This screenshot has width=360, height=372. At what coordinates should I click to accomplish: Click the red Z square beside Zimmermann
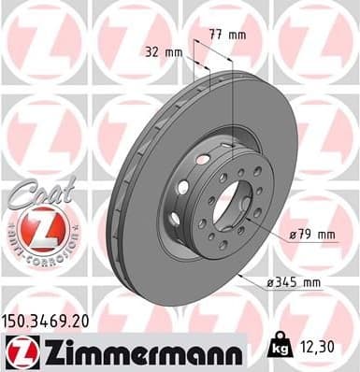19,351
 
